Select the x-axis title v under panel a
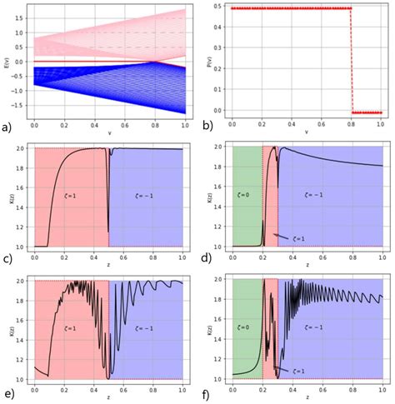106,132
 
